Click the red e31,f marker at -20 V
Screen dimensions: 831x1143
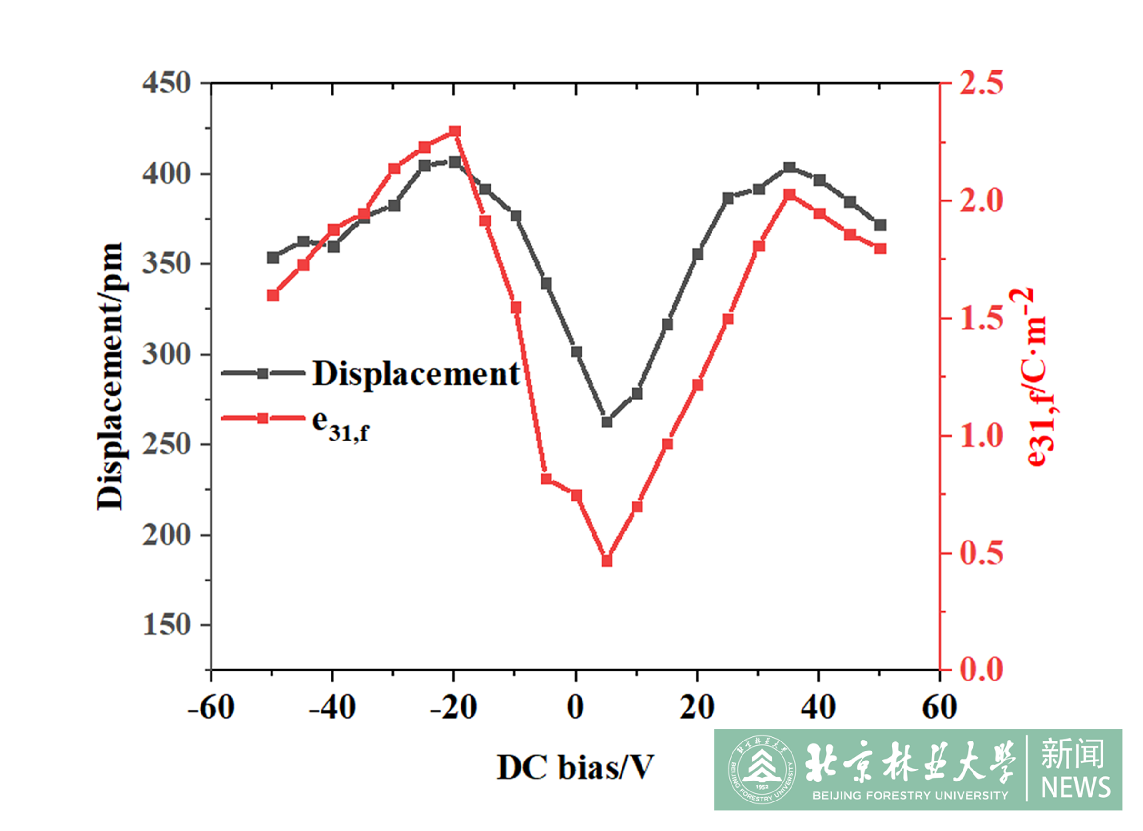pos(454,131)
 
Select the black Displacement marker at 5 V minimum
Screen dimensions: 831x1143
pos(607,422)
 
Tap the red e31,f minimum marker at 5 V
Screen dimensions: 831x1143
pos(607,561)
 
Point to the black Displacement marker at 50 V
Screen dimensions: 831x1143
pos(881,225)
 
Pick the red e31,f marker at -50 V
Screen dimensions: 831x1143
pos(272,295)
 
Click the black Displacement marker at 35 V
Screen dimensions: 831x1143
pos(789,168)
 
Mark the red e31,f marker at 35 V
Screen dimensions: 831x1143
pos(789,195)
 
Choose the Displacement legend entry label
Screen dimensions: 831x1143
pos(416,374)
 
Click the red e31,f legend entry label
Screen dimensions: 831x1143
pos(340,426)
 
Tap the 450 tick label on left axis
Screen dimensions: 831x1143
pos(167,83)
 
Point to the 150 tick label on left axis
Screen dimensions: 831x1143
pos(167,625)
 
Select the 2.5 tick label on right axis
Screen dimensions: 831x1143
pos(981,83)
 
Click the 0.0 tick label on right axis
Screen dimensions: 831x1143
pos(981,669)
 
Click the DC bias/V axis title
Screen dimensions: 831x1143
pos(575,767)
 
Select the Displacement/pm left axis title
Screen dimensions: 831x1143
pos(110,376)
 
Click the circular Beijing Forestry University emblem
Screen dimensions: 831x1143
pos(762,770)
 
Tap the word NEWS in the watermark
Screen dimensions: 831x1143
pos(1075,788)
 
